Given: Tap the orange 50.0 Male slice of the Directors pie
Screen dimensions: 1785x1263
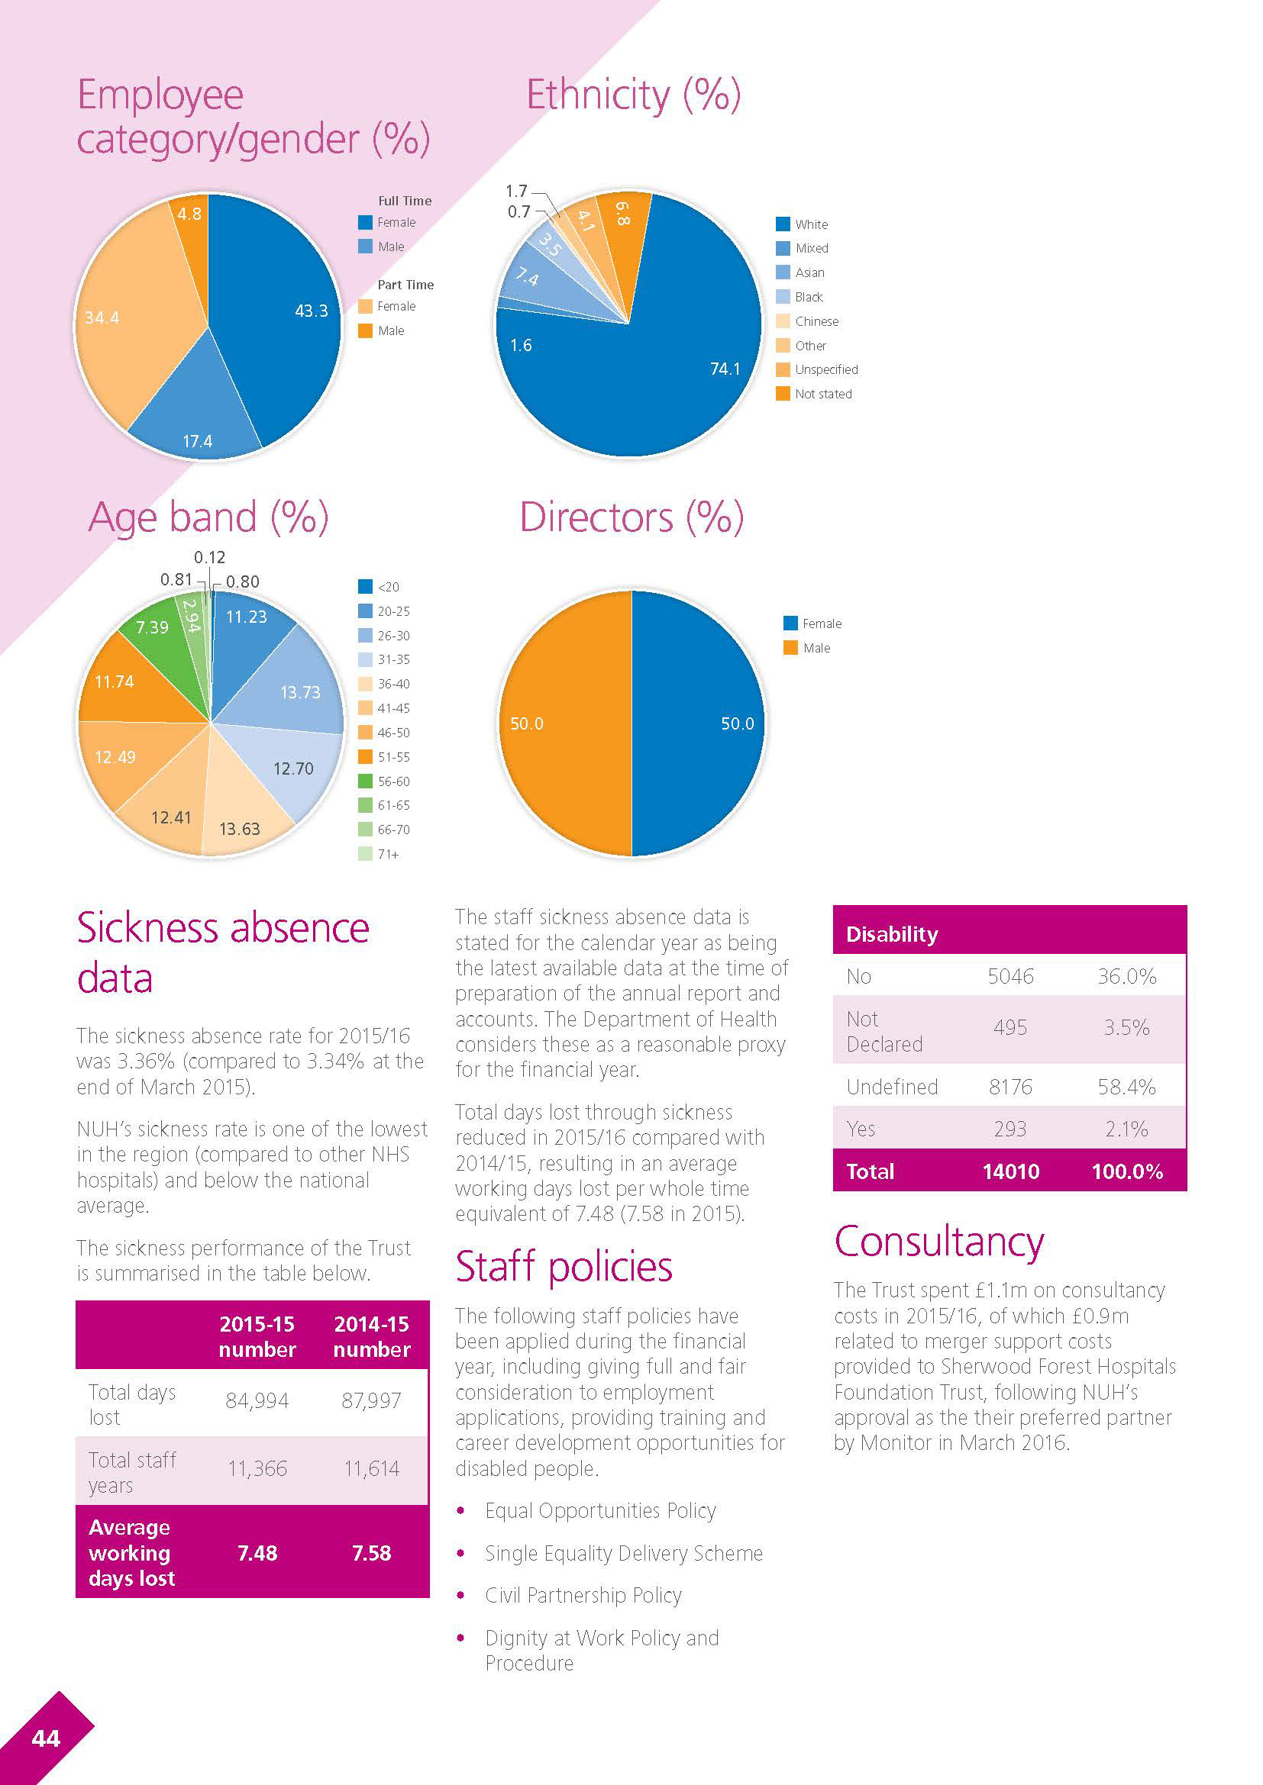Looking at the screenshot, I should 560,723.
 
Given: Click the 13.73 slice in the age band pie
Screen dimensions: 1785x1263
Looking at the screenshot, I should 292,684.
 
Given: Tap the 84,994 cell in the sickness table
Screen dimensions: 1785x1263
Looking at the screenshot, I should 257,1400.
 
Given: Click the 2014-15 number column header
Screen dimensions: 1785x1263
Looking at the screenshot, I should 372,1336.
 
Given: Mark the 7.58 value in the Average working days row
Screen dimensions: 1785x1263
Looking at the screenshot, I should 372,1552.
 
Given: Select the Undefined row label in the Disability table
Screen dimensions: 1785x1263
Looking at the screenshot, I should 892,1087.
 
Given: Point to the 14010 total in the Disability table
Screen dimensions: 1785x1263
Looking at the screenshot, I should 1010,1171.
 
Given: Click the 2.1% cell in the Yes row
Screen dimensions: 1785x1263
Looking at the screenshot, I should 1126,1129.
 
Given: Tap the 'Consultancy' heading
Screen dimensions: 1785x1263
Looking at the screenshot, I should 938,1242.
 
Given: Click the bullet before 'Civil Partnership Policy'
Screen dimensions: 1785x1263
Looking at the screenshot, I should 461,1595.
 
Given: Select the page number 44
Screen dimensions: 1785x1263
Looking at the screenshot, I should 46,1738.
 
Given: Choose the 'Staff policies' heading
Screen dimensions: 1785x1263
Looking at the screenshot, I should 563,1267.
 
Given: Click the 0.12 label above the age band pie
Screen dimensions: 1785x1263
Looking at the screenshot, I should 209,557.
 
